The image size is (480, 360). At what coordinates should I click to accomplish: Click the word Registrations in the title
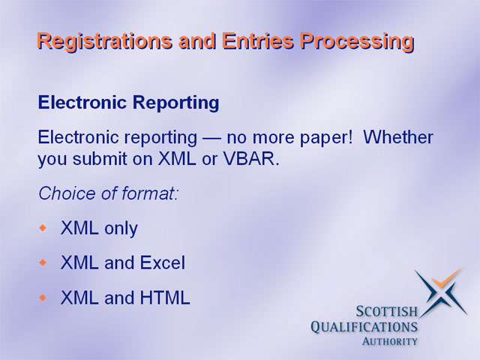(104, 41)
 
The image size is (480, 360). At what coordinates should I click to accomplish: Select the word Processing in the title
(357, 41)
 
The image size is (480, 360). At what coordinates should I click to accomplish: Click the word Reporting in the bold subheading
(176, 103)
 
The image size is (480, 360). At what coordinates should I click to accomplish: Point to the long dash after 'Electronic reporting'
(211, 138)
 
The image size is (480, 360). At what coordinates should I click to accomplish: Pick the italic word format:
(150, 193)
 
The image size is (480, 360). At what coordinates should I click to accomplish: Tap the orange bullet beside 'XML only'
(43, 228)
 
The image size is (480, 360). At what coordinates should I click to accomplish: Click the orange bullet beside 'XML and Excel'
(43, 262)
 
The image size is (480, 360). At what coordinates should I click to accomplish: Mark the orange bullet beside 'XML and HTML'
(43, 297)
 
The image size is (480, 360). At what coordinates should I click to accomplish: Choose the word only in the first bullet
(121, 229)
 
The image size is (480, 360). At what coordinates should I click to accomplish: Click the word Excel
(163, 262)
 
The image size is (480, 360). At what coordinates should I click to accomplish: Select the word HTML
(165, 297)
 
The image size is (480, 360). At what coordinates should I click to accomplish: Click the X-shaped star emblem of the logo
(440, 292)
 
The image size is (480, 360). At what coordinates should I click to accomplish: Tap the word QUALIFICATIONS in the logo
(364, 327)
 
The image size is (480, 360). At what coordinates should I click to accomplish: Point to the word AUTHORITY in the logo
(390, 341)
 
